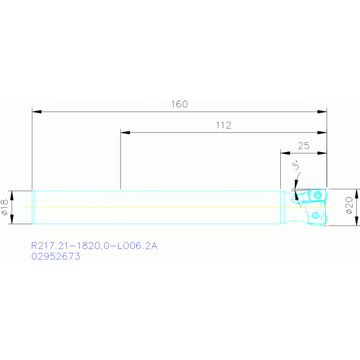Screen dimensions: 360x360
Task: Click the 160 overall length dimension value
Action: click(179, 104)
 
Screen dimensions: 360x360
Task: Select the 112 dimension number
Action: click(223, 125)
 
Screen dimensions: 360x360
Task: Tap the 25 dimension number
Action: click(304, 146)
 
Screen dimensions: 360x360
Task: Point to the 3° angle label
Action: click(296, 166)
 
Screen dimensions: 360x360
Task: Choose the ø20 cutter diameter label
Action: click(349, 206)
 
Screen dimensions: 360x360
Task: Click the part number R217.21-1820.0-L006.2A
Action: click(94, 245)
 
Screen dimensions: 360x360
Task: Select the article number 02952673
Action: click(55, 257)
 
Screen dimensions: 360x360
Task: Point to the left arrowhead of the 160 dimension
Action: click(37, 112)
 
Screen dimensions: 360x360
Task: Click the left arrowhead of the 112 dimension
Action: click(125, 132)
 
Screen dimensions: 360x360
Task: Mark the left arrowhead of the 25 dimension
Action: click(285, 153)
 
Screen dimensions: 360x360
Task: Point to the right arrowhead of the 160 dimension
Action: click(322, 112)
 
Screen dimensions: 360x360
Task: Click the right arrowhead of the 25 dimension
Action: click(322, 153)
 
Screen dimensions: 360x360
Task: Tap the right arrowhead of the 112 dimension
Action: click(322, 132)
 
